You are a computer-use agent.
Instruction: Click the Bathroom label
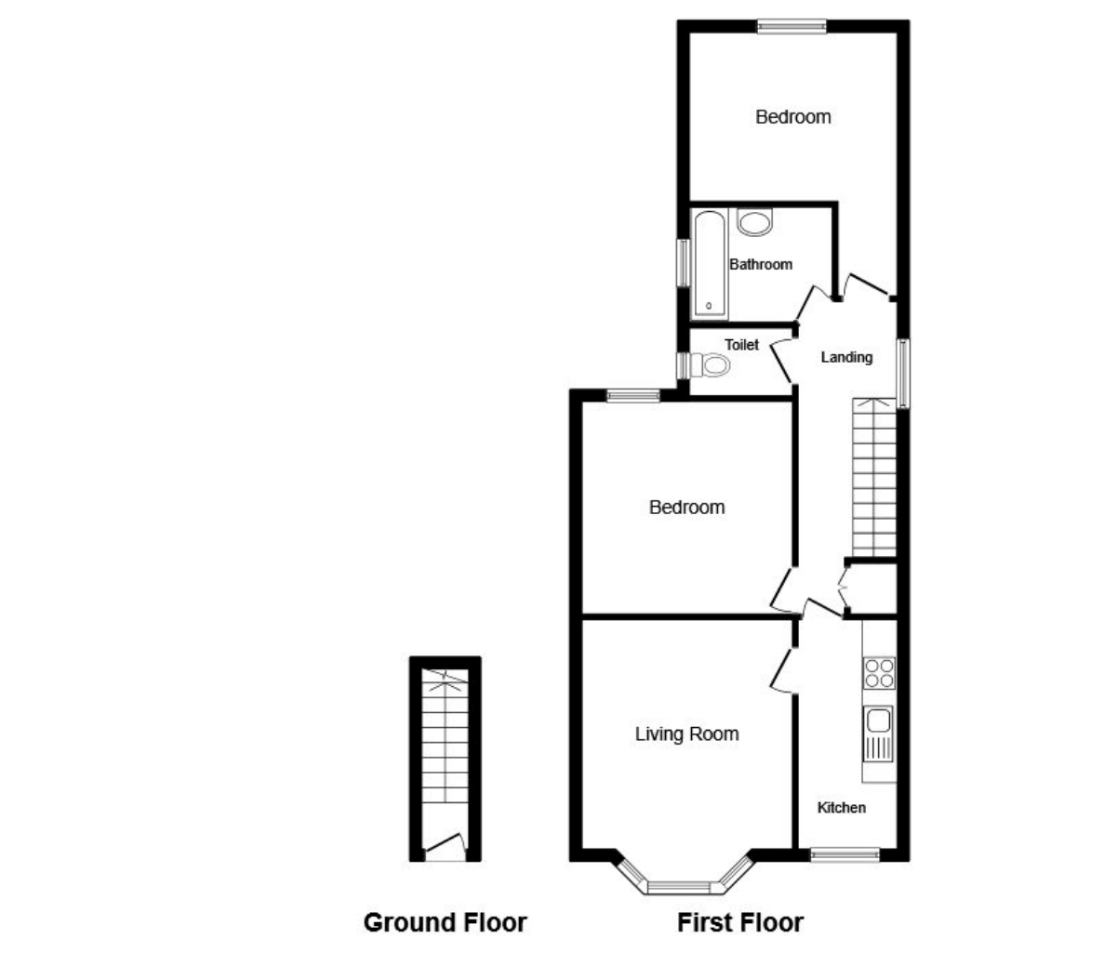[760, 265]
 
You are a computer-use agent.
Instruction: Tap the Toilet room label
[741, 345]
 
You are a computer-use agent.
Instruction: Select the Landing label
[846, 357]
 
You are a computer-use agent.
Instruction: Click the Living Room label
[686, 734]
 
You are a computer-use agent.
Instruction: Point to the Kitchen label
[841, 808]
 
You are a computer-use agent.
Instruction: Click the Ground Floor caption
[445, 922]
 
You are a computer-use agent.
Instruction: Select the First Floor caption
[739, 922]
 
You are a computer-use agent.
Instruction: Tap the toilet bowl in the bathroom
[755, 223]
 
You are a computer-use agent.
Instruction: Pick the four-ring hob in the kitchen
[879, 672]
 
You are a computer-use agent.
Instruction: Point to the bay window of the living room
[685, 884]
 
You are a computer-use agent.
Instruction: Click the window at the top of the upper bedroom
[792, 27]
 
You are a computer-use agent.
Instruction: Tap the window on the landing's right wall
[903, 373]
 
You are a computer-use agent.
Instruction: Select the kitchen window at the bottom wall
[845, 854]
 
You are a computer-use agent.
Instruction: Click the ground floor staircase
[445, 739]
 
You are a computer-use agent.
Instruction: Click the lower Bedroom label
[686, 508]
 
